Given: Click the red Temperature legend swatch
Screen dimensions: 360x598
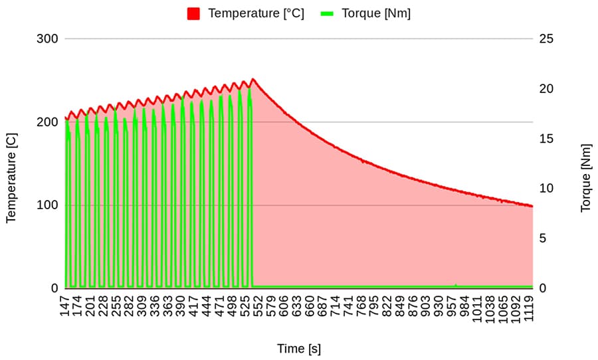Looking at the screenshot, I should pos(193,13).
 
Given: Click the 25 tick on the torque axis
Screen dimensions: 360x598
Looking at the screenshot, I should pos(546,39).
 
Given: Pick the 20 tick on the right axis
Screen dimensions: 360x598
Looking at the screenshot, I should pos(546,89).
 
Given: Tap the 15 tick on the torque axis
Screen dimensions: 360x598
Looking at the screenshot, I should pos(546,139).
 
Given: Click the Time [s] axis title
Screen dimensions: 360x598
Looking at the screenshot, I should pos(299,349).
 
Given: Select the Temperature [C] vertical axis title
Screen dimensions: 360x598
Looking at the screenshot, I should pos(11,177).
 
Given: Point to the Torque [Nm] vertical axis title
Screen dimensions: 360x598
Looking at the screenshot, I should pos(585,177).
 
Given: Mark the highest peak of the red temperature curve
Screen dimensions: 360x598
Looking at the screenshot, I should pos(252,79).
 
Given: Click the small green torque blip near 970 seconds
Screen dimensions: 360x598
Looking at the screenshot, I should pos(456,284).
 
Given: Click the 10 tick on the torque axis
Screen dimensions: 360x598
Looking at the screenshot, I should pos(546,189).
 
